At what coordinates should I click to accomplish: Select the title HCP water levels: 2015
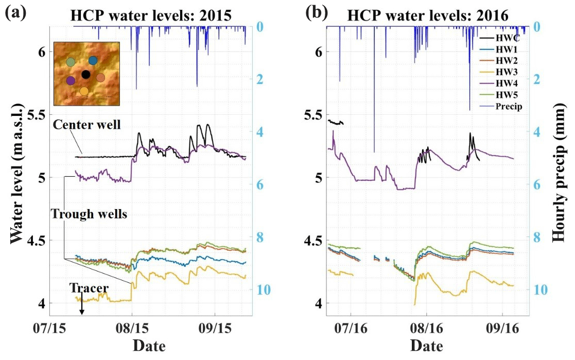(151, 15)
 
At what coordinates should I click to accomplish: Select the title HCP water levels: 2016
(428, 15)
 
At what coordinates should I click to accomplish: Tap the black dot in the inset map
(86, 75)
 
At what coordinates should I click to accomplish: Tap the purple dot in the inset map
(71, 80)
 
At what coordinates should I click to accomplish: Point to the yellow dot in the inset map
(84, 91)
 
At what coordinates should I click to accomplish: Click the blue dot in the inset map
(93, 61)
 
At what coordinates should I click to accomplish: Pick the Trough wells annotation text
(89, 214)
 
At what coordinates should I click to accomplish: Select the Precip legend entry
(506, 107)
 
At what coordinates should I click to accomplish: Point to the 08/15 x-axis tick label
(132, 328)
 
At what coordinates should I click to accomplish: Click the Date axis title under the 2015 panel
(149, 346)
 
